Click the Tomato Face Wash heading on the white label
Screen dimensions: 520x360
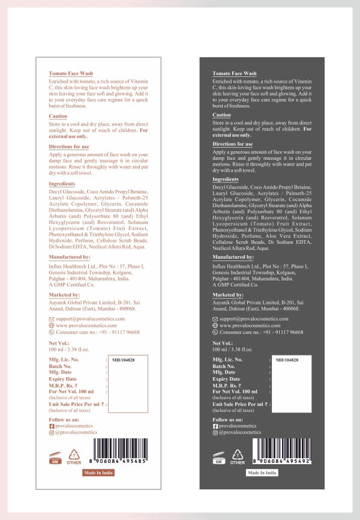pos(71,73)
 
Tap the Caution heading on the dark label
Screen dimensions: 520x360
pos(221,115)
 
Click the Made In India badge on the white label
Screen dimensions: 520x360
pos(98,473)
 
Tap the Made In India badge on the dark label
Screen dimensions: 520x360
pos(262,473)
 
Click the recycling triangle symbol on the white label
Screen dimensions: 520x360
pos(74,455)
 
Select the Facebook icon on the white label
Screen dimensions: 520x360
pos(52,426)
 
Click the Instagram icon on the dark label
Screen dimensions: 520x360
pos(215,432)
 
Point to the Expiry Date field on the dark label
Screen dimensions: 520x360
pos(226,379)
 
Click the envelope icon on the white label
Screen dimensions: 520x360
pos(52,319)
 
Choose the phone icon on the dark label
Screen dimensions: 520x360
pos(215,331)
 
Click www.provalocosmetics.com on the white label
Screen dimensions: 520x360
pos(87,325)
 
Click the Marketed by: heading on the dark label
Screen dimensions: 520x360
pos(227,295)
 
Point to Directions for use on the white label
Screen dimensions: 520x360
pos(69,147)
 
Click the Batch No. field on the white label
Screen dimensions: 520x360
pos(60,366)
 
